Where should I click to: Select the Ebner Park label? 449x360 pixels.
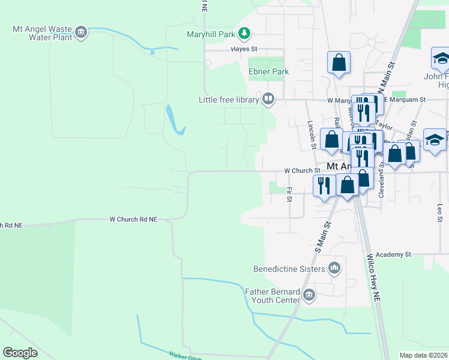pyautogui.click(x=268, y=71)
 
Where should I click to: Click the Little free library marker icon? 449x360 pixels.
pyautogui.click(x=268, y=99)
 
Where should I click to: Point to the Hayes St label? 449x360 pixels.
pyautogui.click(x=245, y=49)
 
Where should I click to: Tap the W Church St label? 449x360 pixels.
pyautogui.click(x=298, y=170)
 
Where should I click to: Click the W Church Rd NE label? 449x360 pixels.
pyautogui.click(x=133, y=220)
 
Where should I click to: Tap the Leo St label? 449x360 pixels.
pyautogui.click(x=440, y=211)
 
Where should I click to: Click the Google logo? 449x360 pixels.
pyautogui.click(x=20, y=353)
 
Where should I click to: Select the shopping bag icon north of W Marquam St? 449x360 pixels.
pyautogui.click(x=339, y=62)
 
